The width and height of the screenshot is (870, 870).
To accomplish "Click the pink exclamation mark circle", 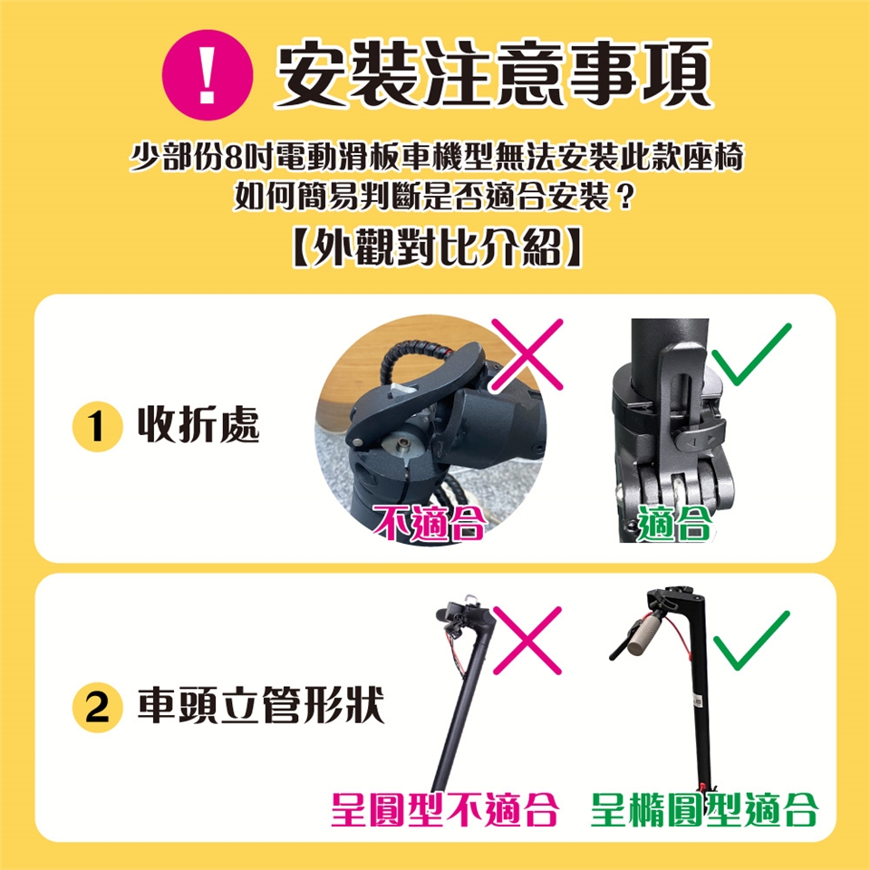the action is pyautogui.click(x=208, y=74).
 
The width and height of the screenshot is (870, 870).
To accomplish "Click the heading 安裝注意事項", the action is pyautogui.click(x=494, y=73).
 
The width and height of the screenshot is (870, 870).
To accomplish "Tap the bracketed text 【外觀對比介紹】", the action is pyautogui.click(x=437, y=246).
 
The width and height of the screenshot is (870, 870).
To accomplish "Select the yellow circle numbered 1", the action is pyautogui.click(x=97, y=427).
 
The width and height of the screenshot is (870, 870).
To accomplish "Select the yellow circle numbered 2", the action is pyautogui.click(x=97, y=708).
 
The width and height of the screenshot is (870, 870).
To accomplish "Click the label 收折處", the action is pyautogui.click(x=198, y=426).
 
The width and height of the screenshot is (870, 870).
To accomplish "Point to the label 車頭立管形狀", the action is pyautogui.click(x=261, y=706).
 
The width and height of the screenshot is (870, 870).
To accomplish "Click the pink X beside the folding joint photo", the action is pyautogui.click(x=527, y=354).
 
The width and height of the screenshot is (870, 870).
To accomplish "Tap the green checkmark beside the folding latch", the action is pyautogui.click(x=750, y=353).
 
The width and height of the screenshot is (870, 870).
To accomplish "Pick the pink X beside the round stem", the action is pyautogui.click(x=527, y=641).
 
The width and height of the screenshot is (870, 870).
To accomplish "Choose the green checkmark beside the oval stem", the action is pyautogui.click(x=750, y=641).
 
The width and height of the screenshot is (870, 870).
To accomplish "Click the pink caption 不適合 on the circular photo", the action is pyautogui.click(x=430, y=523).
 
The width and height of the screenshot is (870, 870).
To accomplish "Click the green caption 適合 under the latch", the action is pyautogui.click(x=674, y=523).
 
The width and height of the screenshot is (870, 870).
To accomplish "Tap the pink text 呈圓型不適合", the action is pyautogui.click(x=444, y=809).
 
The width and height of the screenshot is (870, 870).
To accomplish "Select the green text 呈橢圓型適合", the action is pyautogui.click(x=704, y=809).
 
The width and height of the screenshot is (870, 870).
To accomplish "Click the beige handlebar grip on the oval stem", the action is pyautogui.click(x=646, y=632).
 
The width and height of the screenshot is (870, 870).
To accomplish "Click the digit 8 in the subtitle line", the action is pyautogui.click(x=233, y=158).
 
